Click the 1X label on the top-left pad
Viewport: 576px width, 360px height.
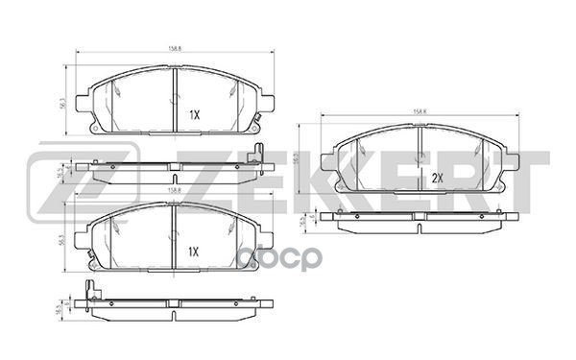click(193, 114)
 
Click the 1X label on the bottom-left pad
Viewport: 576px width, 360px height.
click(193, 252)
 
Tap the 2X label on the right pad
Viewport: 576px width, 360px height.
click(437, 178)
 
